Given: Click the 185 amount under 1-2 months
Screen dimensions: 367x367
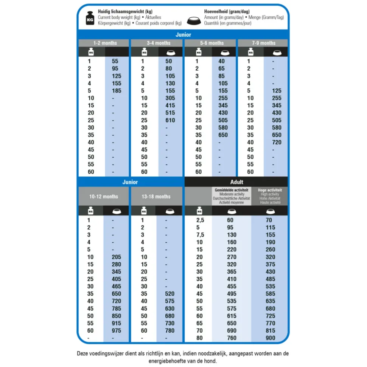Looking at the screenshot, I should (117, 91).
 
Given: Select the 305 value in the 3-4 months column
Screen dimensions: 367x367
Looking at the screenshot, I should (170, 98).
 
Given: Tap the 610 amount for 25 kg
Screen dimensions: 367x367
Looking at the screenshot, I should (170, 120).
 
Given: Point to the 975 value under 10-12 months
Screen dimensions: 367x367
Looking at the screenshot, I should (117, 331).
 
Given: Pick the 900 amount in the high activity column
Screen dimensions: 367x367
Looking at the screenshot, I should (271, 338).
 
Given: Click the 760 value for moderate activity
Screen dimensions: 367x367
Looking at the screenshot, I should (232, 338).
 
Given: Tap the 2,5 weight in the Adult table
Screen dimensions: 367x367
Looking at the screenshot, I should (200, 220).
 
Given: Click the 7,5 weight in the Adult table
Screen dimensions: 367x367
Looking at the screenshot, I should (200, 235).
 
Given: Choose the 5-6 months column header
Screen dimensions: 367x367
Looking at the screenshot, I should (212, 43).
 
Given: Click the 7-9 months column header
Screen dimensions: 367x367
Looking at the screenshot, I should (264, 43).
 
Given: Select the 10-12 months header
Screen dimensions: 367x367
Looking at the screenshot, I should (104, 197).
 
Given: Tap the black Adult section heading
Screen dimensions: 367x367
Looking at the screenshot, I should (236, 182).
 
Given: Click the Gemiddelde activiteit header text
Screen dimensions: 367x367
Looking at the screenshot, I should (232, 190).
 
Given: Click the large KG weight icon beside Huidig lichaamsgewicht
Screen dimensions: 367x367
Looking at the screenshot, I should (90, 18).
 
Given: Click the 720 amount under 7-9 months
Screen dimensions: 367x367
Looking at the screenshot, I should (277, 142).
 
